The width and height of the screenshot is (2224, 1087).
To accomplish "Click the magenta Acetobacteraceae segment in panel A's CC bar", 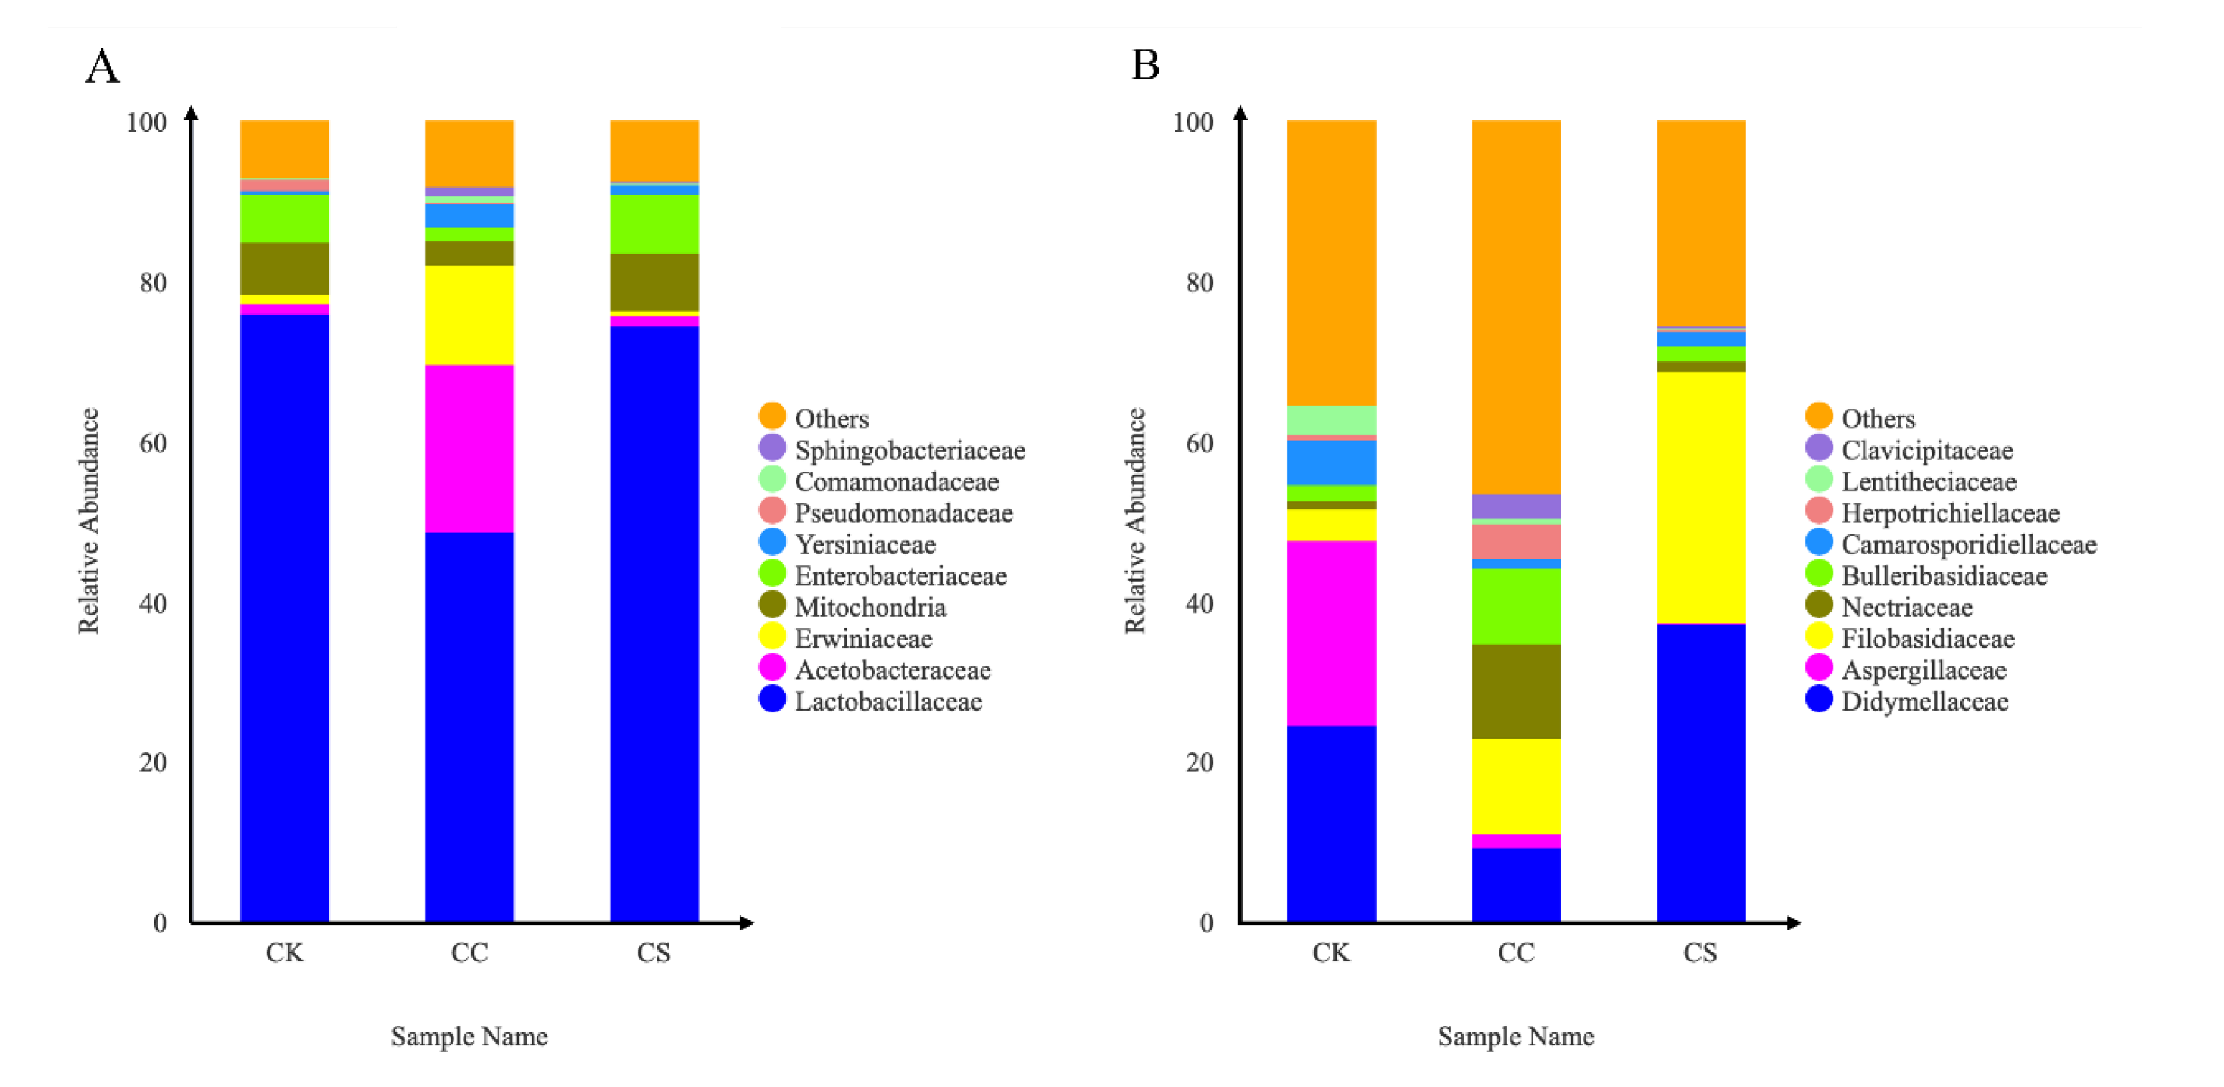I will tap(469, 449).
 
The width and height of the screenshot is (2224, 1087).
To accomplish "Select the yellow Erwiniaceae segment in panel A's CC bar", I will tap(469, 315).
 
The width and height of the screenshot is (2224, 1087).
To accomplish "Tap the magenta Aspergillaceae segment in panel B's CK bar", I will tap(1330, 633).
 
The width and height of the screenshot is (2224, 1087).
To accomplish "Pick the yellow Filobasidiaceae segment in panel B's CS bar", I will tap(1700, 497).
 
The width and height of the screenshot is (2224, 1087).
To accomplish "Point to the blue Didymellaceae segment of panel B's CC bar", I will tap(1515, 885).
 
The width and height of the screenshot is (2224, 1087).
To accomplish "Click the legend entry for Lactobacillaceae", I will tap(887, 701).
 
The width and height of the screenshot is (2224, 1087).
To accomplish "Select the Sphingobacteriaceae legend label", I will tap(909, 450).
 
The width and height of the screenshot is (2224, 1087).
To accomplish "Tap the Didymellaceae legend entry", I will tap(1923, 701).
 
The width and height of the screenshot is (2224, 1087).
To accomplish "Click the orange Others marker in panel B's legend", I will tap(1818, 416).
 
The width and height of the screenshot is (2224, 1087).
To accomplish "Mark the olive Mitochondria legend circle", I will tap(772, 606).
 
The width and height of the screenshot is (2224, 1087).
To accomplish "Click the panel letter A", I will tap(102, 67).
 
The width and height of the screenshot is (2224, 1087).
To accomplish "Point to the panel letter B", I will tap(1145, 65).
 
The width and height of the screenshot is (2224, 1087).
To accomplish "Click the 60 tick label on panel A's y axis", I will tap(153, 443).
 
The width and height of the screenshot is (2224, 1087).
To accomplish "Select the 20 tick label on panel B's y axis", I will tap(1199, 762).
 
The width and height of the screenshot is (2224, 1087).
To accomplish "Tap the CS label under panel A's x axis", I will tap(653, 952).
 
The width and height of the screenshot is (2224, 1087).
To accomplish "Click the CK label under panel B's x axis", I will tap(1330, 952).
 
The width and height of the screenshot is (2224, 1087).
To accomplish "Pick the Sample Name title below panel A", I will tap(469, 1036).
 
